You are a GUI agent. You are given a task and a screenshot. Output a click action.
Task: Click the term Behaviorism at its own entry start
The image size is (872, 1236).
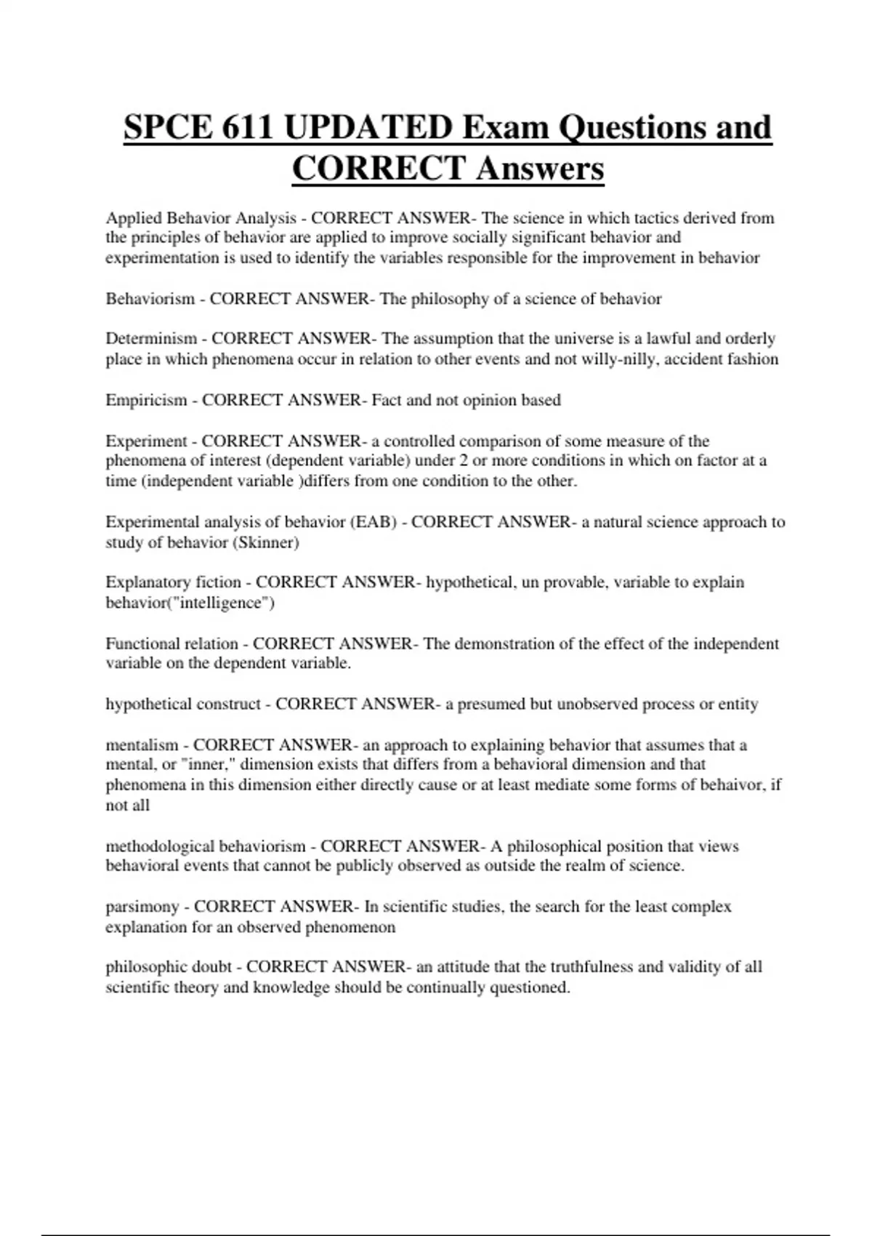click(150, 299)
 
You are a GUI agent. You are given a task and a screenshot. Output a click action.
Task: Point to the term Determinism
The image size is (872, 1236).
click(151, 339)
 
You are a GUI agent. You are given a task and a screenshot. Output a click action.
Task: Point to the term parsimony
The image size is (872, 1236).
click(142, 907)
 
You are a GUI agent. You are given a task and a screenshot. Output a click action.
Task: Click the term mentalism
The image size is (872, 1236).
click(142, 745)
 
